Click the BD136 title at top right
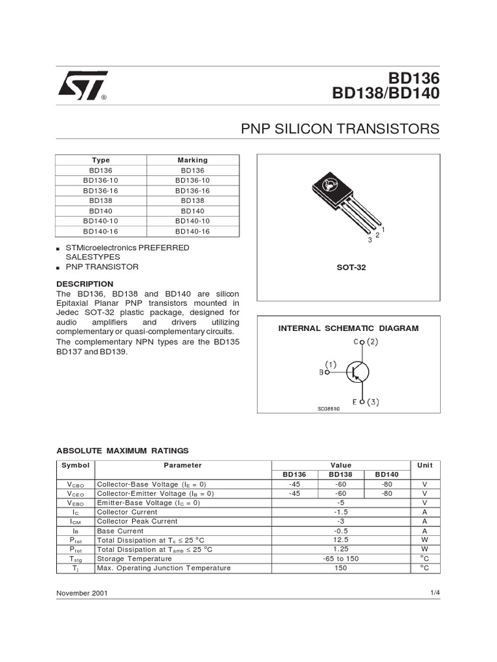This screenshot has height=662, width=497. click(414, 78)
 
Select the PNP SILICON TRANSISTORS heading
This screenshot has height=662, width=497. click(340, 129)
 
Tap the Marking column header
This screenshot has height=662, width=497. click(192, 160)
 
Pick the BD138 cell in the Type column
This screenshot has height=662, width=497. click(101, 201)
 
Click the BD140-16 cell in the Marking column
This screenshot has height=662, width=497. click(192, 231)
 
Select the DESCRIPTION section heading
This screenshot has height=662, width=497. click(85, 284)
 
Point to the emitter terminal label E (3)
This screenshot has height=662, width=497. click(366, 401)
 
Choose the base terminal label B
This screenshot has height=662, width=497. click(322, 372)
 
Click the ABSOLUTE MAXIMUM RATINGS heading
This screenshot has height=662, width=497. click(122, 450)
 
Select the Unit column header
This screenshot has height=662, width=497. click(425, 465)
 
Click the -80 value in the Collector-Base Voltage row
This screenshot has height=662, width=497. click(387, 484)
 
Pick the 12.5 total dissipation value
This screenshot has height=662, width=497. click(341, 539)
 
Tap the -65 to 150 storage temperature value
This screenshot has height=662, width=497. click(341, 559)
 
